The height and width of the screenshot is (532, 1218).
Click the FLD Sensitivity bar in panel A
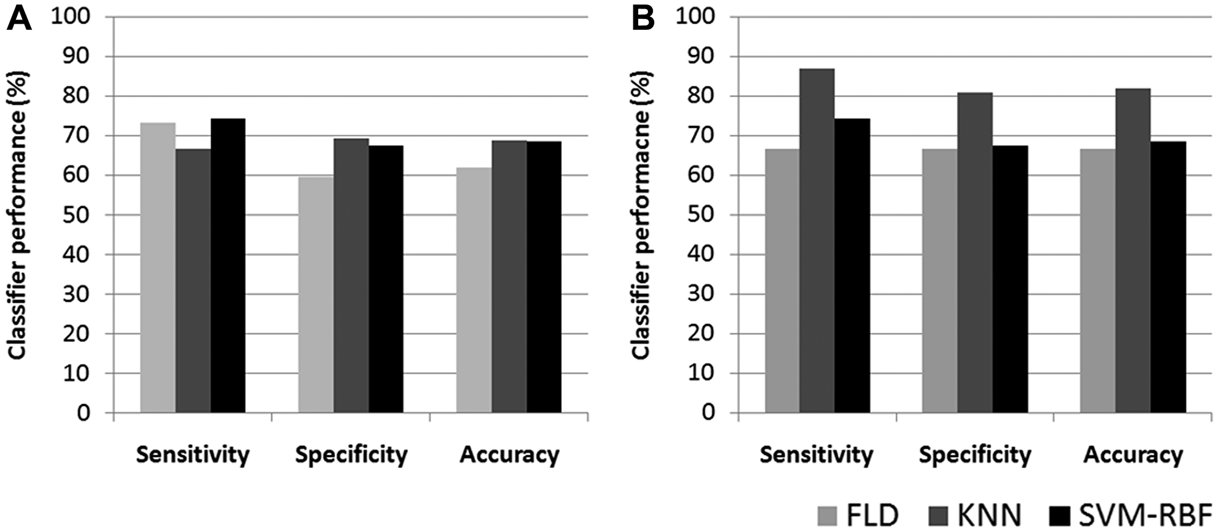(x=158, y=268)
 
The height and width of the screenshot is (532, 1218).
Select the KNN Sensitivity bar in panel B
(x=817, y=241)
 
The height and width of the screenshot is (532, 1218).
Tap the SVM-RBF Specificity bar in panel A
(x=385, y=279)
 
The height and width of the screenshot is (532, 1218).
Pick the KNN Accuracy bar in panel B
(x=1133, y=250)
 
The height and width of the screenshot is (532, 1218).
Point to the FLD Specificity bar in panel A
(x=315, y=295)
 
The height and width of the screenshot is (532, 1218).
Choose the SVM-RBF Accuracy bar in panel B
(x=1168, y=277)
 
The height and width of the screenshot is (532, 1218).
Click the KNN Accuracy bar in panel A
(x=509, y=277)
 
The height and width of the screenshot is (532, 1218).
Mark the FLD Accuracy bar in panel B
(x=1097, y=281)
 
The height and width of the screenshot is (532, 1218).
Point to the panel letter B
(x=643, y=18)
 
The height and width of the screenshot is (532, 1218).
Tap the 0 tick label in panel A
(x=83, y=413)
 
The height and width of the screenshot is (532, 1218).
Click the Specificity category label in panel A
(x=351, y=455)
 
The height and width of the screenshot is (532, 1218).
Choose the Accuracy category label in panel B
(x=1133, y=455)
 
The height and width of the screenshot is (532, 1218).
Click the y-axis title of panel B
(x=641, y=215)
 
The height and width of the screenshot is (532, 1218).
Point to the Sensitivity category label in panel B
(x=816, y=455)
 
